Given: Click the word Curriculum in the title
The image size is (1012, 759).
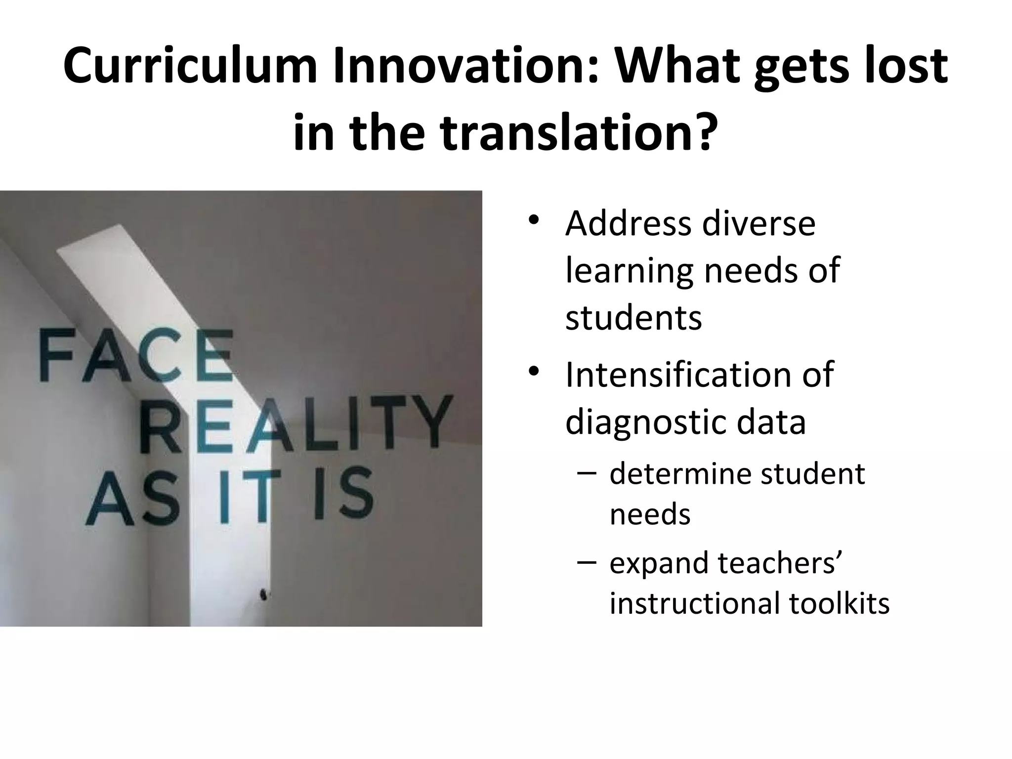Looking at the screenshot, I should [190, 66].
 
